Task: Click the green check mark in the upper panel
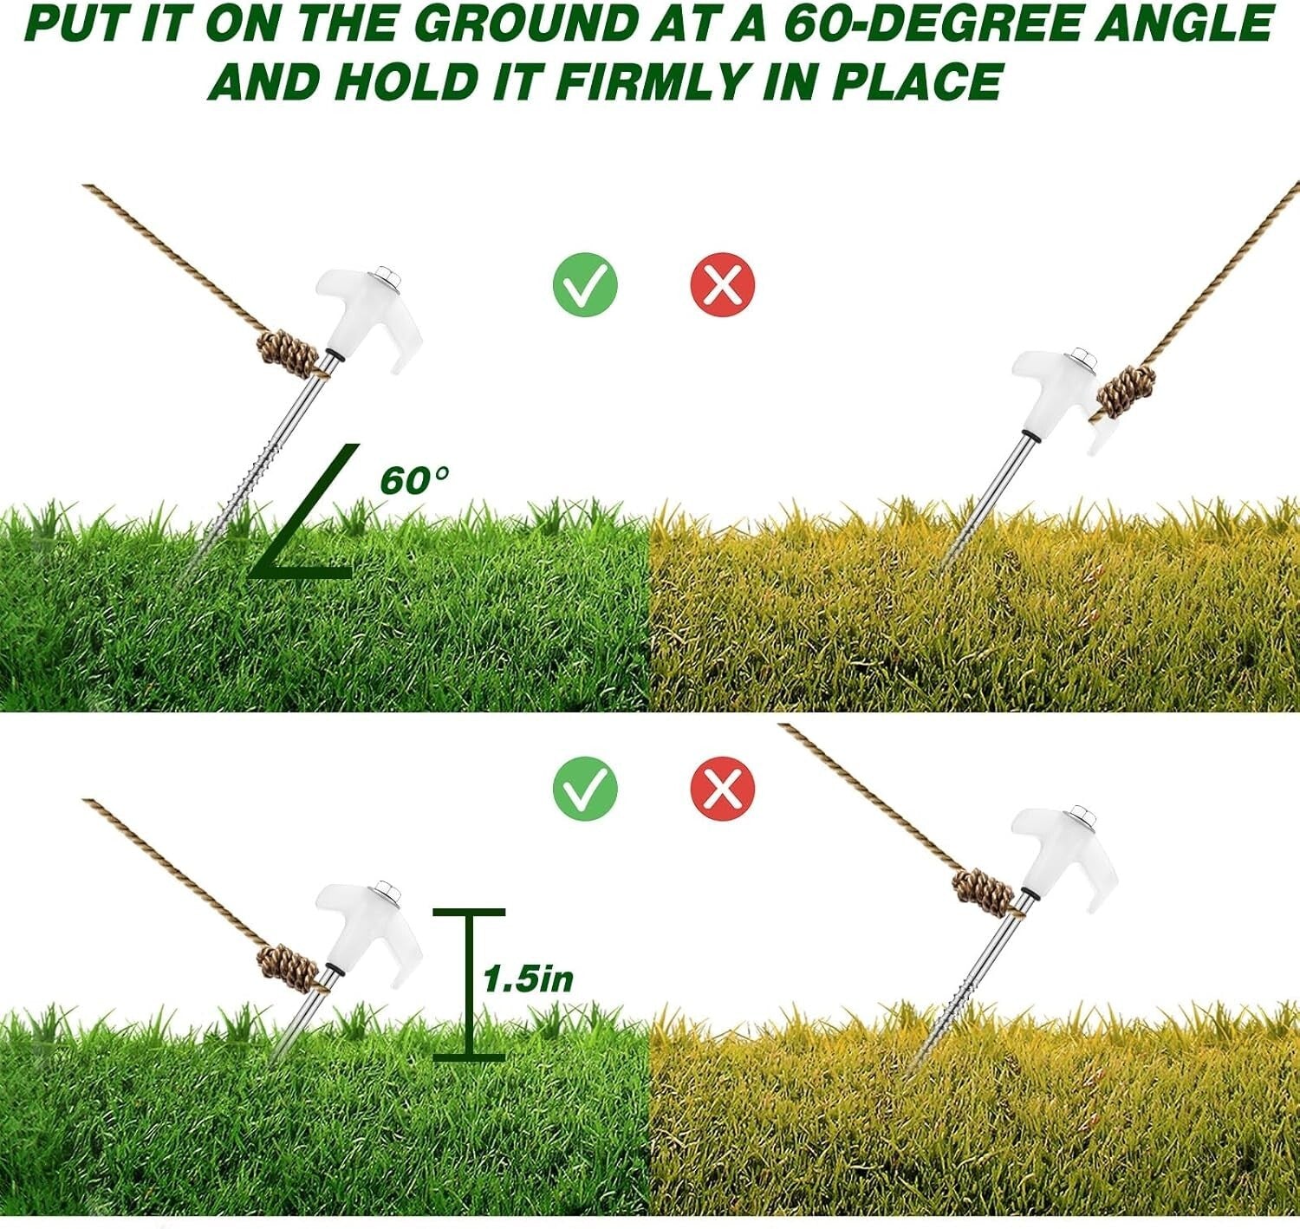pos(585,284)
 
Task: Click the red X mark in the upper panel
pos(723,284)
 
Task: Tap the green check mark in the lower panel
pos(585,787)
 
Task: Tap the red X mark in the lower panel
pos(723,787)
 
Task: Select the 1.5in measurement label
pos(529,979)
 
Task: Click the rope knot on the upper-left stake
pos(287,354)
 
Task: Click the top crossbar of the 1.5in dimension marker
pos(469,913)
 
